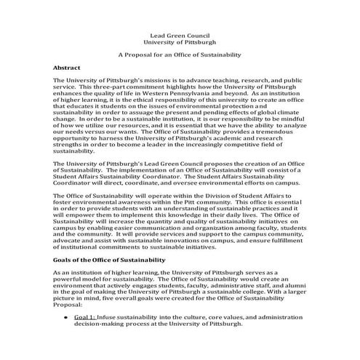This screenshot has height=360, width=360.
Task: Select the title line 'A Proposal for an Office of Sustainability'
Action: pyautogui.click(x=180, y=55)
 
